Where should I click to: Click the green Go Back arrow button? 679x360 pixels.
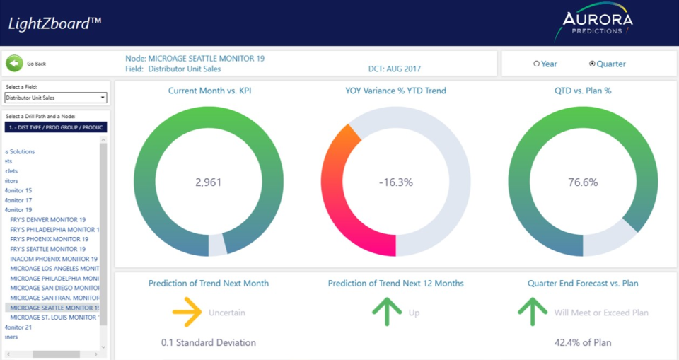click(x=14, y=64)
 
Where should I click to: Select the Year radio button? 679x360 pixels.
click(x=537, y=64)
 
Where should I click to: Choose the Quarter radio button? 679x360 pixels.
click(x=593, y=64)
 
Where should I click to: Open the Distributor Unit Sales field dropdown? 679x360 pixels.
click(x=56, y=98)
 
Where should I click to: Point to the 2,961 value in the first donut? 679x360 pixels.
click(x=209, y=182)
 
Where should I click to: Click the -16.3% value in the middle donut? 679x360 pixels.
click(x=396, y=182)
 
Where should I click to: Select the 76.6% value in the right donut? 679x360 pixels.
click(x=583, y=182)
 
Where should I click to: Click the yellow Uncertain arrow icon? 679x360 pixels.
click(x=187, y=312)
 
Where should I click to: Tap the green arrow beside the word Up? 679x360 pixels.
click(x=387, y=312)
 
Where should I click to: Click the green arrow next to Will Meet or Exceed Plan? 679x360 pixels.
click(x=533, y=312)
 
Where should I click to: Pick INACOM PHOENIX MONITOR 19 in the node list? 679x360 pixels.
click(x=54, y=259)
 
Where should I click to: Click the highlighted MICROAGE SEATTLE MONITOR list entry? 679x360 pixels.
click(x=54, y=308)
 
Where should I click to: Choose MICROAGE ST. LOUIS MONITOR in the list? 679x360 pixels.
click(x=53, y=318)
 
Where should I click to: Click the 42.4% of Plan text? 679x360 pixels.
click(x=583, y=343)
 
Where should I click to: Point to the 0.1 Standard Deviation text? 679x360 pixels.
click(x=209, y=343)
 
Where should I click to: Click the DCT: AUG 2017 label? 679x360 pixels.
click(x=394, y=69)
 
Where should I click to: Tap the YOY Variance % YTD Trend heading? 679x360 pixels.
click(x=395, y=91)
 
